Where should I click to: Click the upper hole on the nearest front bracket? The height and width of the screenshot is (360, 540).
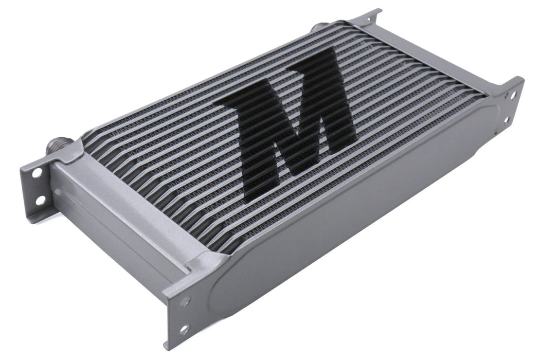(185, 301)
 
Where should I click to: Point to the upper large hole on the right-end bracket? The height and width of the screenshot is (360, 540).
(511, 96)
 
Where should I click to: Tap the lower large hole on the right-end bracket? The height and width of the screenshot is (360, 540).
(507, 120)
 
